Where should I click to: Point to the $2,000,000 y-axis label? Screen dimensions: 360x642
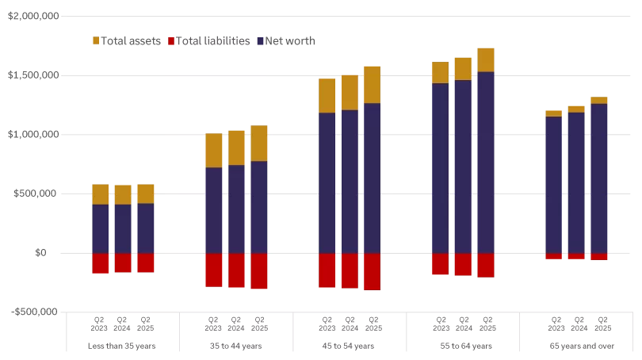click(x=33, y=17)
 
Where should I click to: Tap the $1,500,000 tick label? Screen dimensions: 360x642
click(x=33, y=75)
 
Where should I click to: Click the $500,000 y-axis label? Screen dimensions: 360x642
click(x=36, y=193)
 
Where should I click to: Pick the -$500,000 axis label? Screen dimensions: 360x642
click(x=35, y=312)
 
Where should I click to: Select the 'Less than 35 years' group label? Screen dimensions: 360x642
click(x=123, y=346)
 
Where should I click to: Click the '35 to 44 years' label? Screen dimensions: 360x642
click(x=236, y=346)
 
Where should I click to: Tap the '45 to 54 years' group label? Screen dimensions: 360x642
click(x=350, y=346)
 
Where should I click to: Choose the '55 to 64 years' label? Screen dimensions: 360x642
click(x=463, y=346)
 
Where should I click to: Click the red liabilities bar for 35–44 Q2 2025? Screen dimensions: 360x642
click(x=259, y=271)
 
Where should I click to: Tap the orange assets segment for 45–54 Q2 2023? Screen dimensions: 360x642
click(x=327, y=95)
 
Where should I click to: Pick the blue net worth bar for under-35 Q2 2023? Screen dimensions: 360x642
click(x=100, y=228)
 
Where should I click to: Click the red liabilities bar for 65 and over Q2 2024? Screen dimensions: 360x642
click(x=576, y=256)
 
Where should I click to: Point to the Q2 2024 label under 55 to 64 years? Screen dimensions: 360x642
click(x=463, y=324)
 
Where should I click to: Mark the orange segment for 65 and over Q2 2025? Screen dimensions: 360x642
click(x=599, y=100)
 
